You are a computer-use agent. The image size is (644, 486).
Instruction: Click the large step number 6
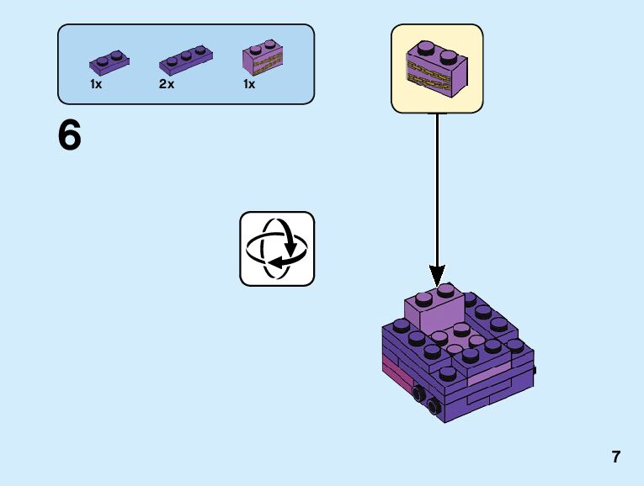point(70,136)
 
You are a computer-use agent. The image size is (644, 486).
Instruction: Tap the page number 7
point(616,457)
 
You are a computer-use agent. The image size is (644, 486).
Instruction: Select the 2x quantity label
point(167,85)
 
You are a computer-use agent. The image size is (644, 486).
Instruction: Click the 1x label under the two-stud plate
point(96,85)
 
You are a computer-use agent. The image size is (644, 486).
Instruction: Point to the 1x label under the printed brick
point(249,85)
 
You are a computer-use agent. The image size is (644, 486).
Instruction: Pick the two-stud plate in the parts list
point(109,61)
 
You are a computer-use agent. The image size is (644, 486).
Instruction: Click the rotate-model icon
point(277,249)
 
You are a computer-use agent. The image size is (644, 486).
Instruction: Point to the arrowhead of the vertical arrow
point(437,274)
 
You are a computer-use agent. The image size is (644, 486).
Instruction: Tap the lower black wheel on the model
point(434,408)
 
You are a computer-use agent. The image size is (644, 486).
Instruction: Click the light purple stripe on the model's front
point(488,373)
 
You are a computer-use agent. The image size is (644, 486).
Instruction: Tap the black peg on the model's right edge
point(535,368)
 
